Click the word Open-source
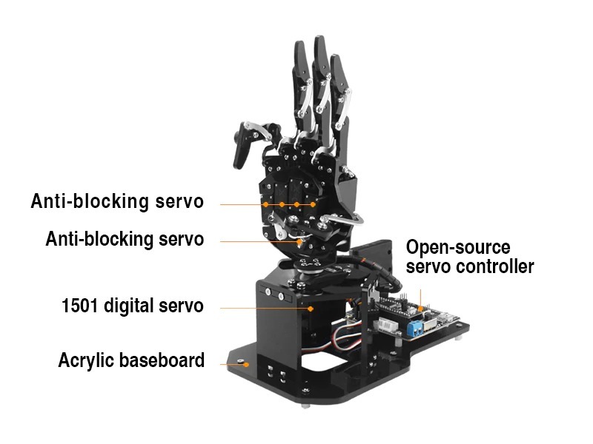pyautogui.click(x=458, y=247)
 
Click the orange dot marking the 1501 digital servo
pyautogui.click(x=311, y=308)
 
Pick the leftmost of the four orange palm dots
pyautogui.click(x=265, y=204)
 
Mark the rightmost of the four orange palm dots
pyautogui.click(x=314, y=204)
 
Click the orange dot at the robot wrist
pyautogui.click(x=300, y=241)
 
